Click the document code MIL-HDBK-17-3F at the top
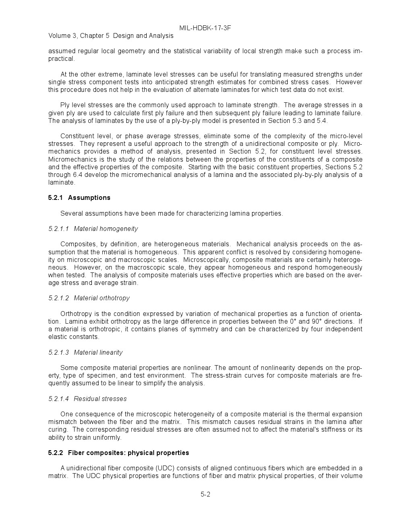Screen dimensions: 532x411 click(x=205, y=28)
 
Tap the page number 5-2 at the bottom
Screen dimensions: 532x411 click(x=205, y=494)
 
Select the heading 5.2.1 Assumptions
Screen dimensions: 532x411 click(x=79, y=197)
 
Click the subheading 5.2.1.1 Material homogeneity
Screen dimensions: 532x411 click(x=93, y=229)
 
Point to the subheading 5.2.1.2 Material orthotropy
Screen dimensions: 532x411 click(x=89, y=298)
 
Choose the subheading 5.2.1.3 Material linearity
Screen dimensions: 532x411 click(x=85, y=352)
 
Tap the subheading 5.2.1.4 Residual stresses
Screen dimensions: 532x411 click(x=87, y=399)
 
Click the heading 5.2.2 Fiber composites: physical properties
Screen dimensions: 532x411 click(x=118, y=453)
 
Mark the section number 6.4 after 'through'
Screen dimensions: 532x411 click(x=77, y=175)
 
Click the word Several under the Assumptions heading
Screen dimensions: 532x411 click(x=71, y=213)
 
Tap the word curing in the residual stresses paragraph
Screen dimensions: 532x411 click(x=58, y=429)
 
